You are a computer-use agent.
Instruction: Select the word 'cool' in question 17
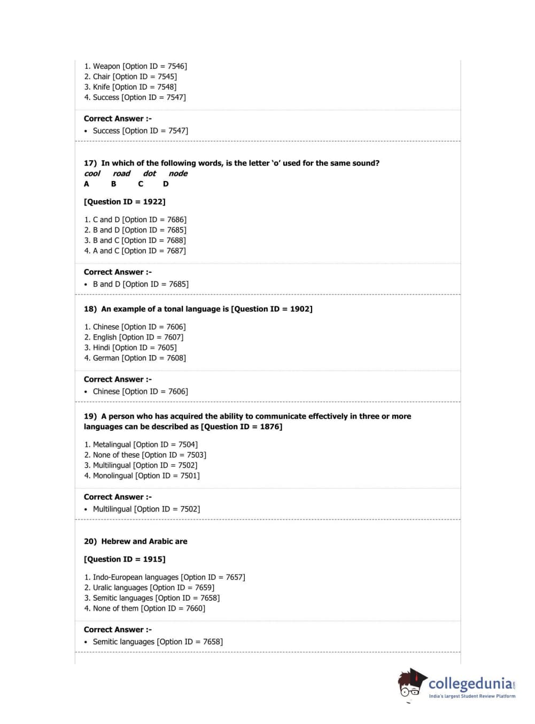point(92,174)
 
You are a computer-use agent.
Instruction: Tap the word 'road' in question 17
point(121,174)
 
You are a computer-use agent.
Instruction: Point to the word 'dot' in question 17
point(149,174)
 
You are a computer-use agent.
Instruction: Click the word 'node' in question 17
point(178,174)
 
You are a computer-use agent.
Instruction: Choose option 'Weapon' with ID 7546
point(135,66)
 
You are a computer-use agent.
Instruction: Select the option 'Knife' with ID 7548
point(130,87)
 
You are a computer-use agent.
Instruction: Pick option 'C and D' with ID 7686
point(135,219)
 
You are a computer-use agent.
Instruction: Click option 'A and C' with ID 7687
point(135,251)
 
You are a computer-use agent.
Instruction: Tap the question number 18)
point(90,309)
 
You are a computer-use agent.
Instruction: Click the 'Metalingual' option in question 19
point(141,445)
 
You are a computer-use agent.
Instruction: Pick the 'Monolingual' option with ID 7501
point(142,476)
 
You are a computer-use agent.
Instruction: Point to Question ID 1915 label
point(125,559)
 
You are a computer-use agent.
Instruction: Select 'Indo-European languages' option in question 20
point(165,577)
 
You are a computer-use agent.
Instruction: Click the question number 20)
point(90,541)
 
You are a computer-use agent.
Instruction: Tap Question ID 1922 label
point(125,202)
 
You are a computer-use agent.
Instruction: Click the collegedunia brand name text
point(470,684)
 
